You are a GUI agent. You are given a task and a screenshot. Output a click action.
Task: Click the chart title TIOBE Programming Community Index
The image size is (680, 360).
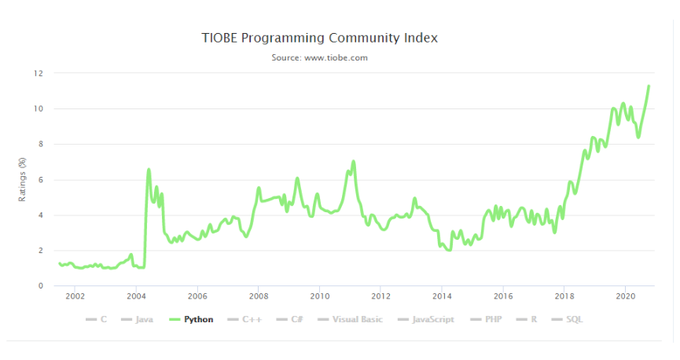[x=320, y=38]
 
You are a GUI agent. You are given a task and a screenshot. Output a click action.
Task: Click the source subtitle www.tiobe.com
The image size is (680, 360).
[x=320, y=57]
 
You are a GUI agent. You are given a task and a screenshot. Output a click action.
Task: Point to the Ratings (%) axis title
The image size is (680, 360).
[x=23, y=180]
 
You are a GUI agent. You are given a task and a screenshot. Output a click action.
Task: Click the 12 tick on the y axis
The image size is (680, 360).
[x=37, y=73]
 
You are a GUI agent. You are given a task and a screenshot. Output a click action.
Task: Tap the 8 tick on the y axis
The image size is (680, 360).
[x=39, y=144]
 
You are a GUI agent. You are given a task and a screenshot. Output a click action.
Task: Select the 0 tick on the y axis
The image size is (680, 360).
[x=39, y=286]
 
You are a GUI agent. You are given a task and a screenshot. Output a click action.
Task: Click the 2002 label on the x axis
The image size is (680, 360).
[x=75, y=297]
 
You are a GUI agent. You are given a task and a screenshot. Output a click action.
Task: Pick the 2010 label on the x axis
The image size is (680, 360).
[x=319, y=297]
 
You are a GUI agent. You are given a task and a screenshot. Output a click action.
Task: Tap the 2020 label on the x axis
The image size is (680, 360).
[x=625, y=297]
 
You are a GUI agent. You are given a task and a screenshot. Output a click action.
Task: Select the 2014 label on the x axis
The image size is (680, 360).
[x=442, y=297]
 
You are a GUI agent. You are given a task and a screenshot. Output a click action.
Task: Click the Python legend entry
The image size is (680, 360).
[x=198, y=320]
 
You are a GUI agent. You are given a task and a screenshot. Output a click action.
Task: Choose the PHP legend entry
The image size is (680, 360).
[x=489, y=320]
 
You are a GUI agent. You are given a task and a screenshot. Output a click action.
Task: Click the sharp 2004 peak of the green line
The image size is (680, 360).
[x=149, y=169]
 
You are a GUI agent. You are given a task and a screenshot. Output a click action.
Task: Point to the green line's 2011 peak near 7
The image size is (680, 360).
[x=354, y=161]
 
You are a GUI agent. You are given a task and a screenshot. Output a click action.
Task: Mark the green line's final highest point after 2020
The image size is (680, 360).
[x=649, y=86]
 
